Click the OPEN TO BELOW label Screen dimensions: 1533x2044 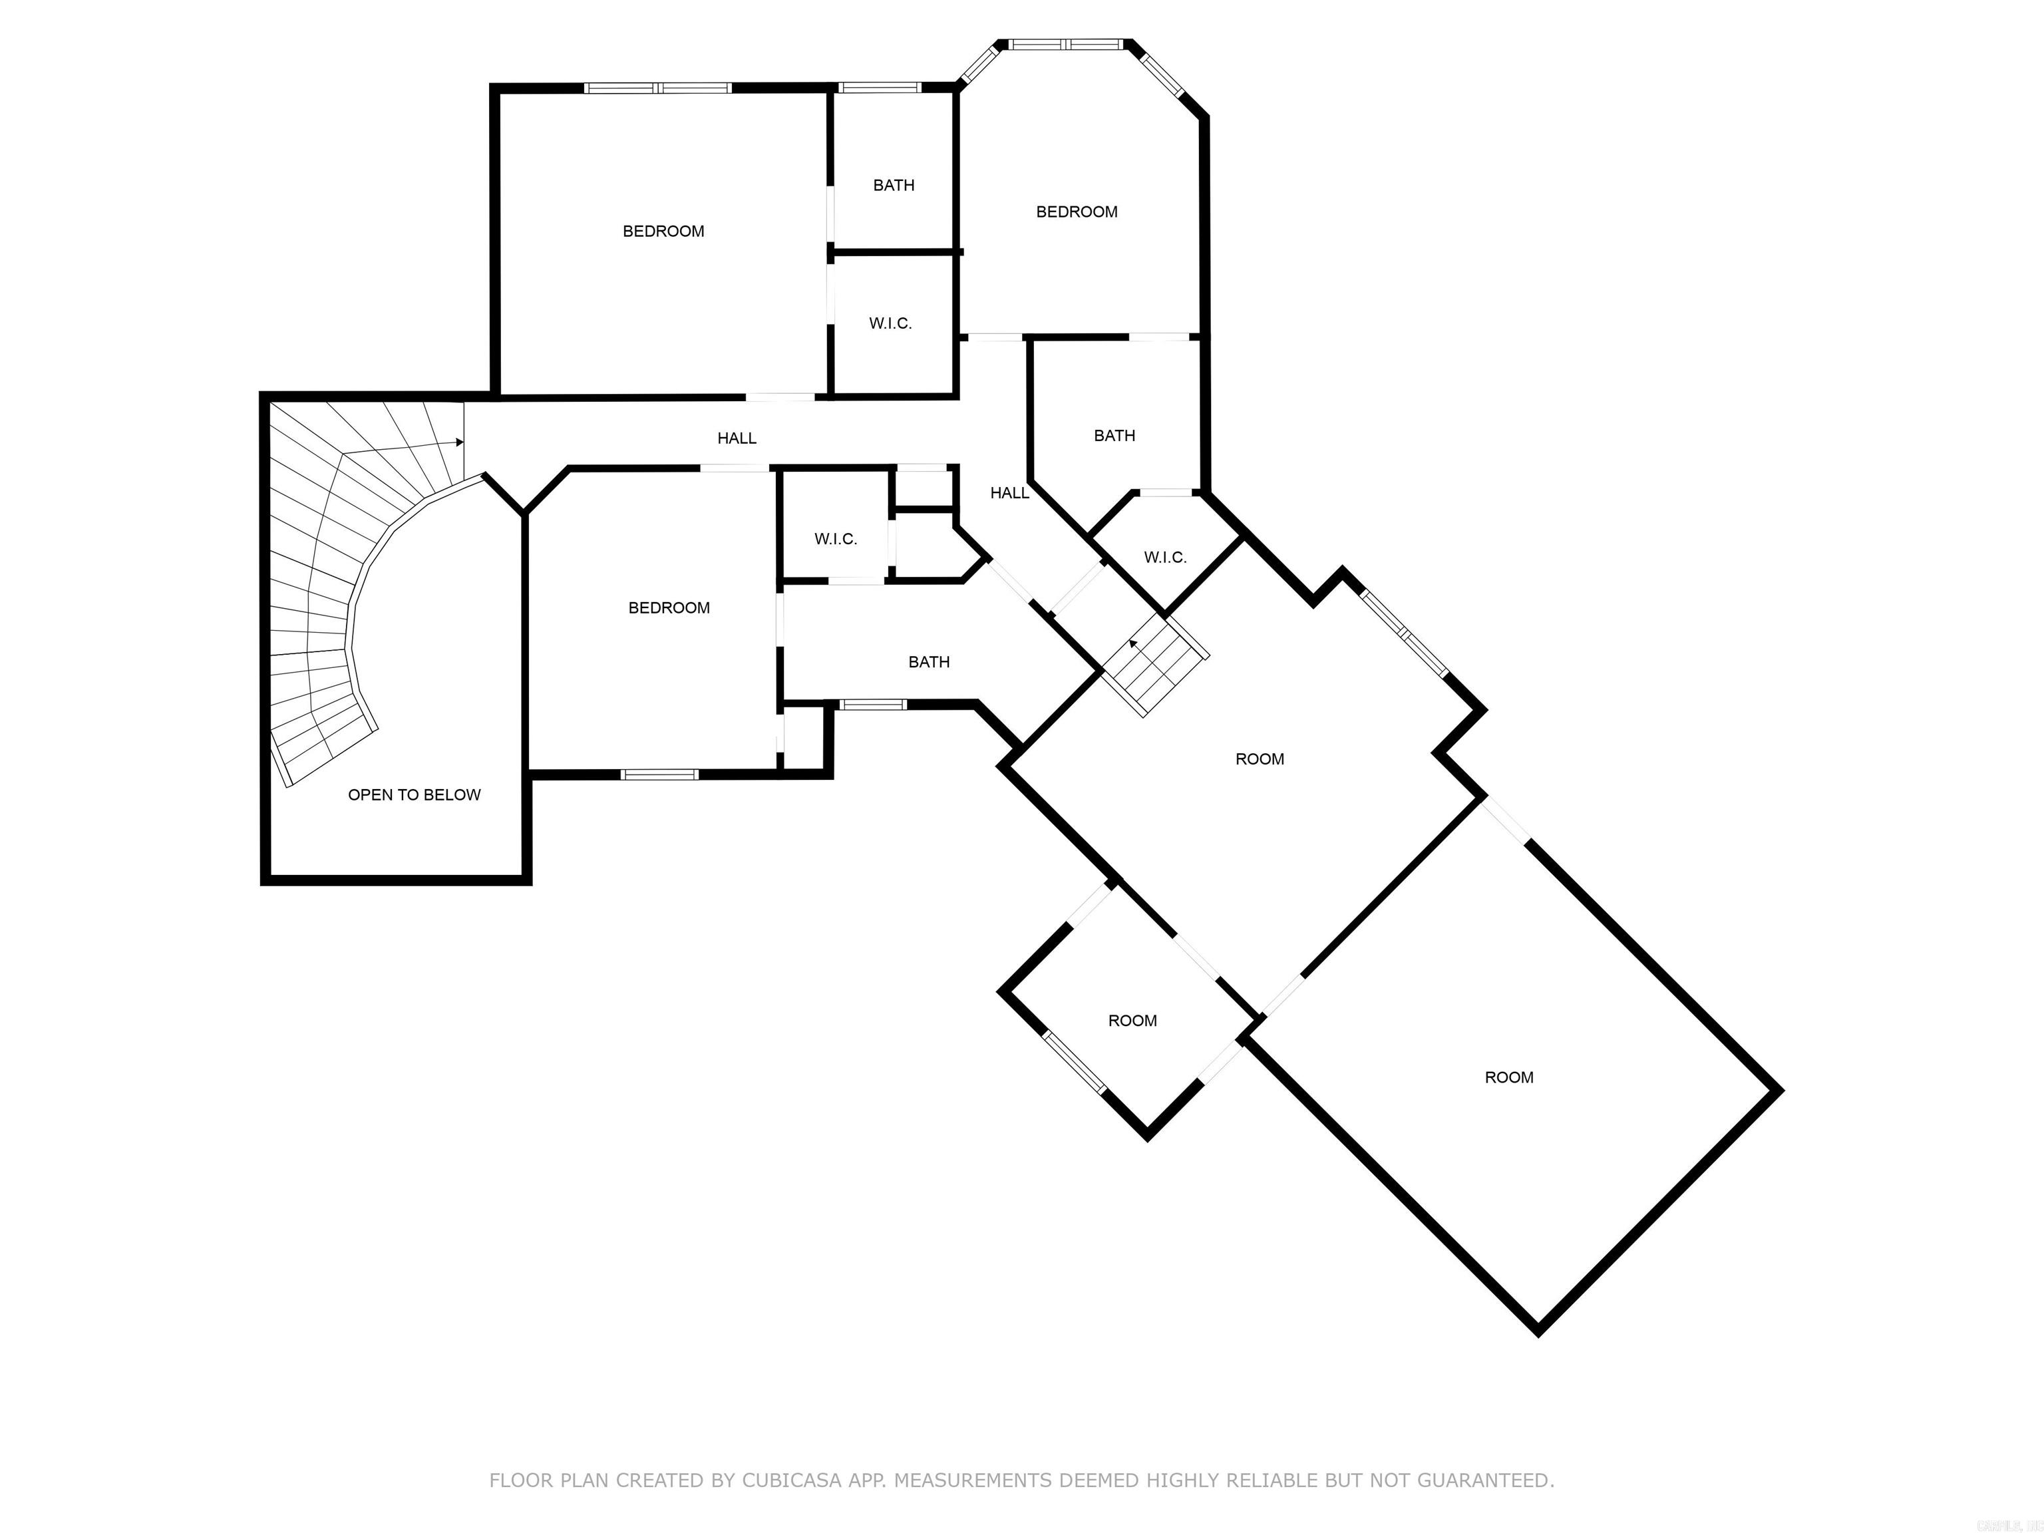(x=414, y=794)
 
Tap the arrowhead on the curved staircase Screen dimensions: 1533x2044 (x=459, y=442)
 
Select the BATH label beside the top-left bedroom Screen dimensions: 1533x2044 (x=894, y=186)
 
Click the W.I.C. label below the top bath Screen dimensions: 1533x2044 (x=890, y=323)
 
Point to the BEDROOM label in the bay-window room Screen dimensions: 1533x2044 (x=1077, y=212)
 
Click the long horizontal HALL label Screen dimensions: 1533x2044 (x=737, y=438)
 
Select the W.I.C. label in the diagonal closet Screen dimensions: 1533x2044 (x=1164, y=557)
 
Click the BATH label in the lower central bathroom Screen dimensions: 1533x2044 (x=929, y=661)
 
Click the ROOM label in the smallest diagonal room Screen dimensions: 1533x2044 (x=1132, y=1020)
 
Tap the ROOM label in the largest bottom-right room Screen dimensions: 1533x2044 (x=1508, y=1077)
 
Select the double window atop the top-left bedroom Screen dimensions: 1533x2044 (x=658, y=88)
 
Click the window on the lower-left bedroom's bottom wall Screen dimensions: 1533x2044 (x=659, y=774)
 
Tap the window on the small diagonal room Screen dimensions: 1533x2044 (x=1075, y=1062)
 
